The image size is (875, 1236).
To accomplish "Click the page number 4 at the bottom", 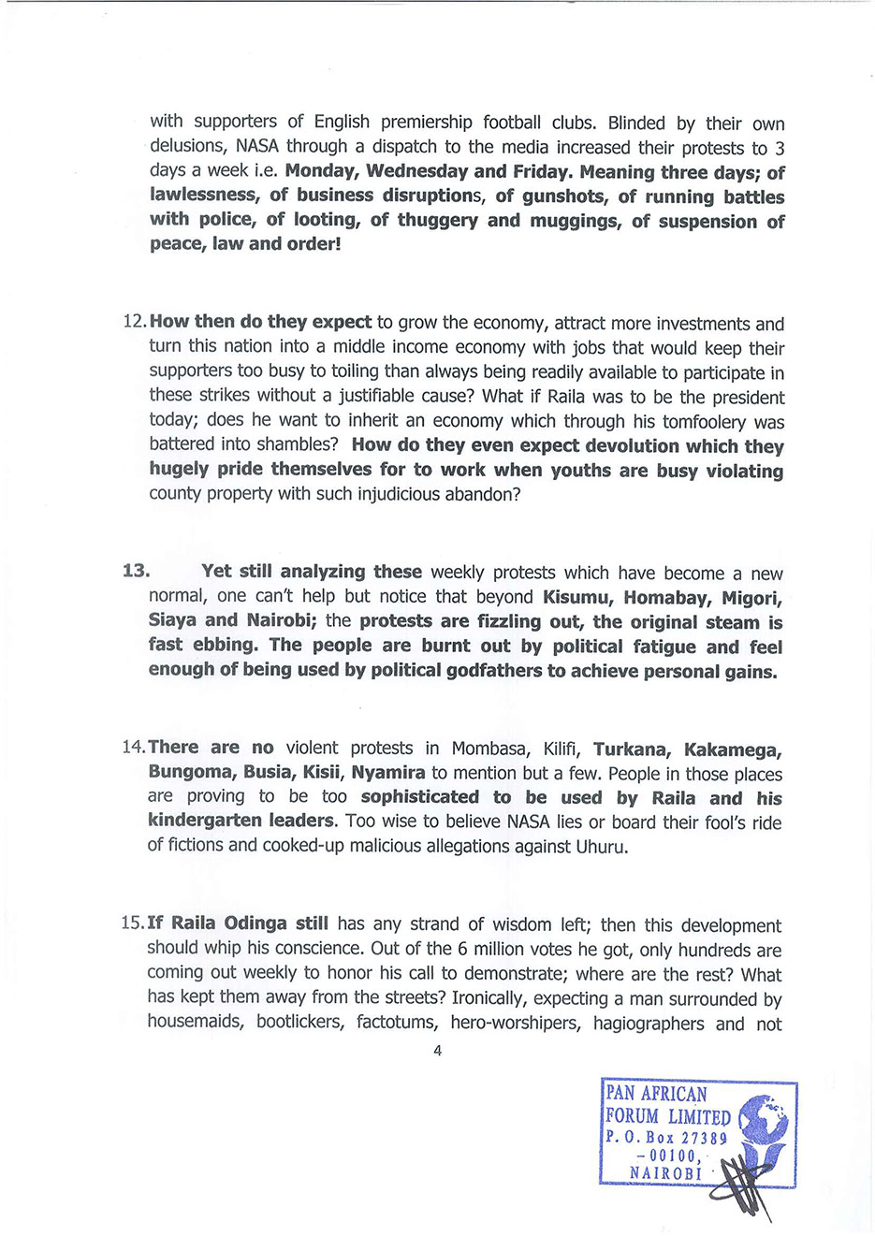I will (x=437, y=1051).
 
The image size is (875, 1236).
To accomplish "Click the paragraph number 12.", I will (x=135, y=322).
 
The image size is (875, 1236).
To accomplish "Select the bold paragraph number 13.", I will (x=136, y=571).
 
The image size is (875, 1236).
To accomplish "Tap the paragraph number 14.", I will (x=134, y=748).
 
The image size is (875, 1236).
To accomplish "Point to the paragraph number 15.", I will (x=133, y=923).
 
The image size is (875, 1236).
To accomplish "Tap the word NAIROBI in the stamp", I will (x=665, y=1173).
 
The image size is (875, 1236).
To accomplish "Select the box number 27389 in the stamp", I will (x=705, y=1138).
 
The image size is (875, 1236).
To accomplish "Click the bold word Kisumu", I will (x=577, y=597).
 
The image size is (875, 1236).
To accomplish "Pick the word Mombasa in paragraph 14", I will (x=488, y=749).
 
